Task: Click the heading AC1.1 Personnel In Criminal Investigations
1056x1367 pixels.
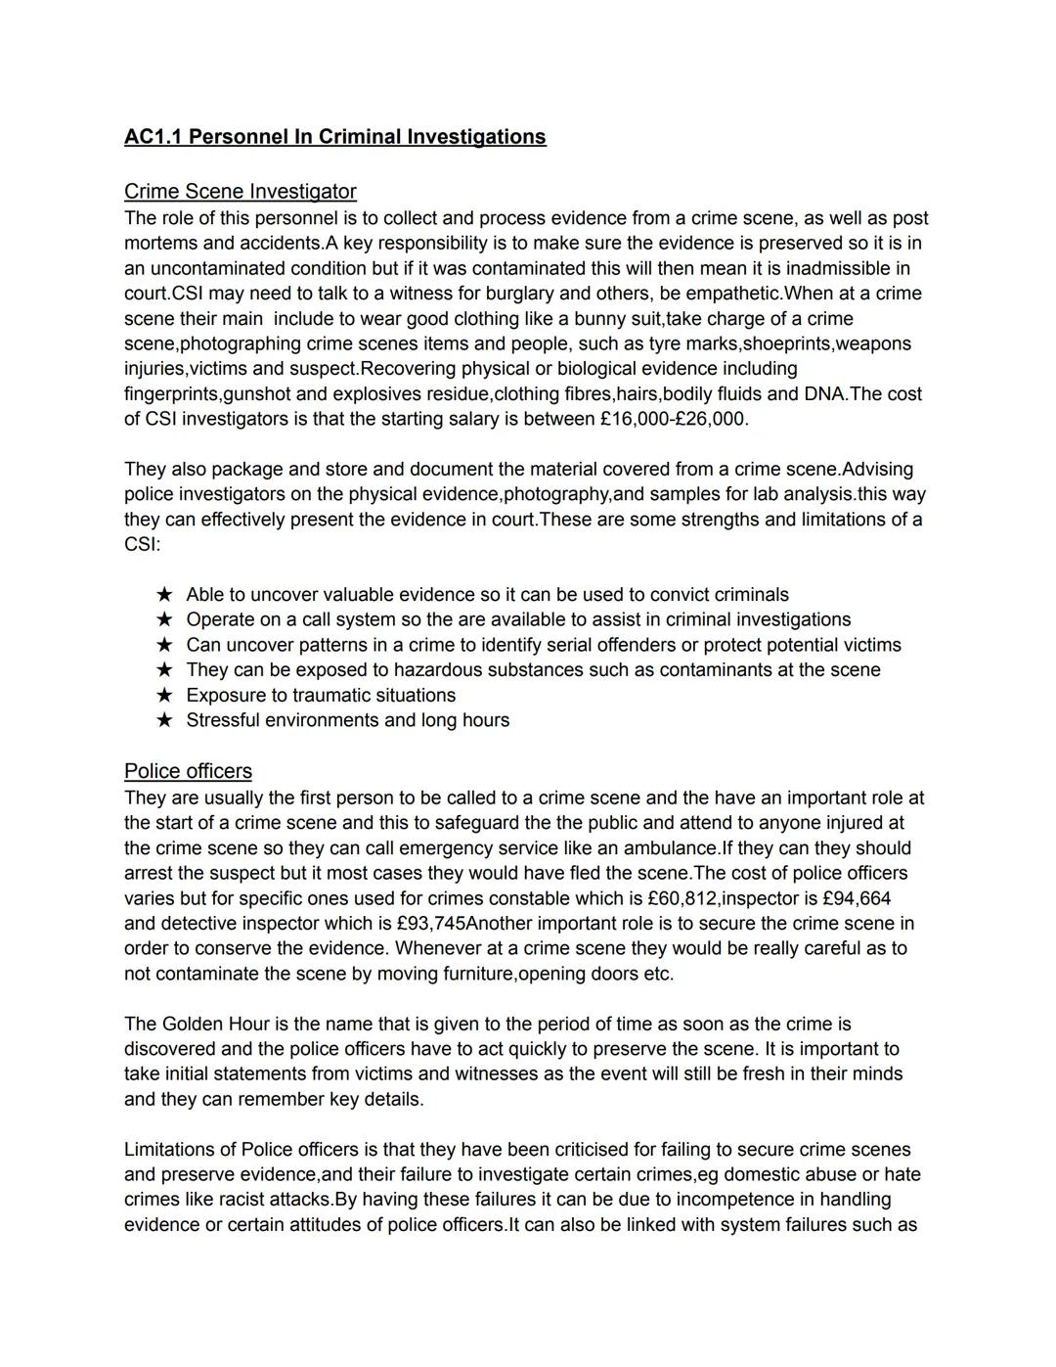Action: [x=334, y=137]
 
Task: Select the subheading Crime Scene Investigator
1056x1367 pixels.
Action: [x=240, y=192]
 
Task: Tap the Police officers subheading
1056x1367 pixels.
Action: [x=188, y=771]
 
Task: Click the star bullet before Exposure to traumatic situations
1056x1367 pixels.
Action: [x=164, y=696]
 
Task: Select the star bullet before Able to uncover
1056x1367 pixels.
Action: [x=164, y=595]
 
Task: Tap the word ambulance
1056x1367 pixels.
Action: [x=671, y=848]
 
